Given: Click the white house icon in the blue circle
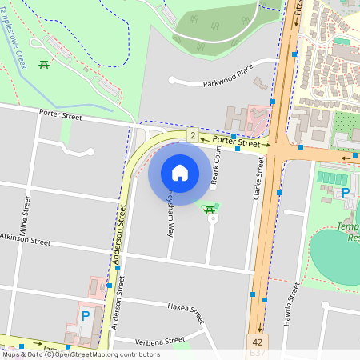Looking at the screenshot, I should point(180,172).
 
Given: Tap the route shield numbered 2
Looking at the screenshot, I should point(193,137).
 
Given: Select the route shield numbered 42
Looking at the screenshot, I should point(257,341).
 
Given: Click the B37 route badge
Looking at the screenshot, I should point(257,352).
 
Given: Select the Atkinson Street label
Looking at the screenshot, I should point(25,238).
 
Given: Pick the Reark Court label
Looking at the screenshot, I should point(214,170).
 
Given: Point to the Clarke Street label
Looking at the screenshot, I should point(259,178).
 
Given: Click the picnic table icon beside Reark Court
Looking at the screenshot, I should point(210,210).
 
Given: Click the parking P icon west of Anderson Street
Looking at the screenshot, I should point(85,316).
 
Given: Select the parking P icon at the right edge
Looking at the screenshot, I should point(346,193).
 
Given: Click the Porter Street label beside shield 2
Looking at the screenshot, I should point(238,144).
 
